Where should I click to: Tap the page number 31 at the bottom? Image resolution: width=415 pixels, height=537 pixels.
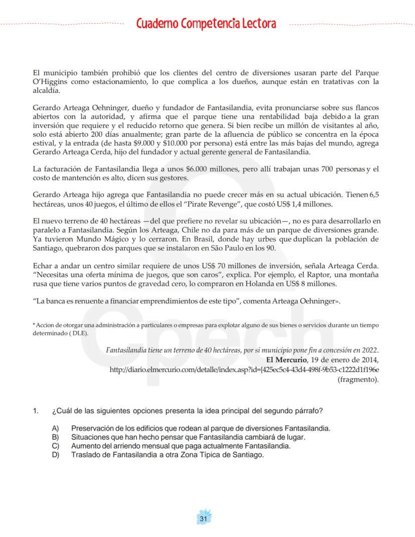tap(203, 518)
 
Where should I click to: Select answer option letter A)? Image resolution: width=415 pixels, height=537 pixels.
tap(55, 429)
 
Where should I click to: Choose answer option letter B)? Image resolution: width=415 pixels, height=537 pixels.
tap(55, 437)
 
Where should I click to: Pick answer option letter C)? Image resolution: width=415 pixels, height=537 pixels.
tap(55, 446)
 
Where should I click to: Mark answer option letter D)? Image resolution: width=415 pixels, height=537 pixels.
tap(55, 454)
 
